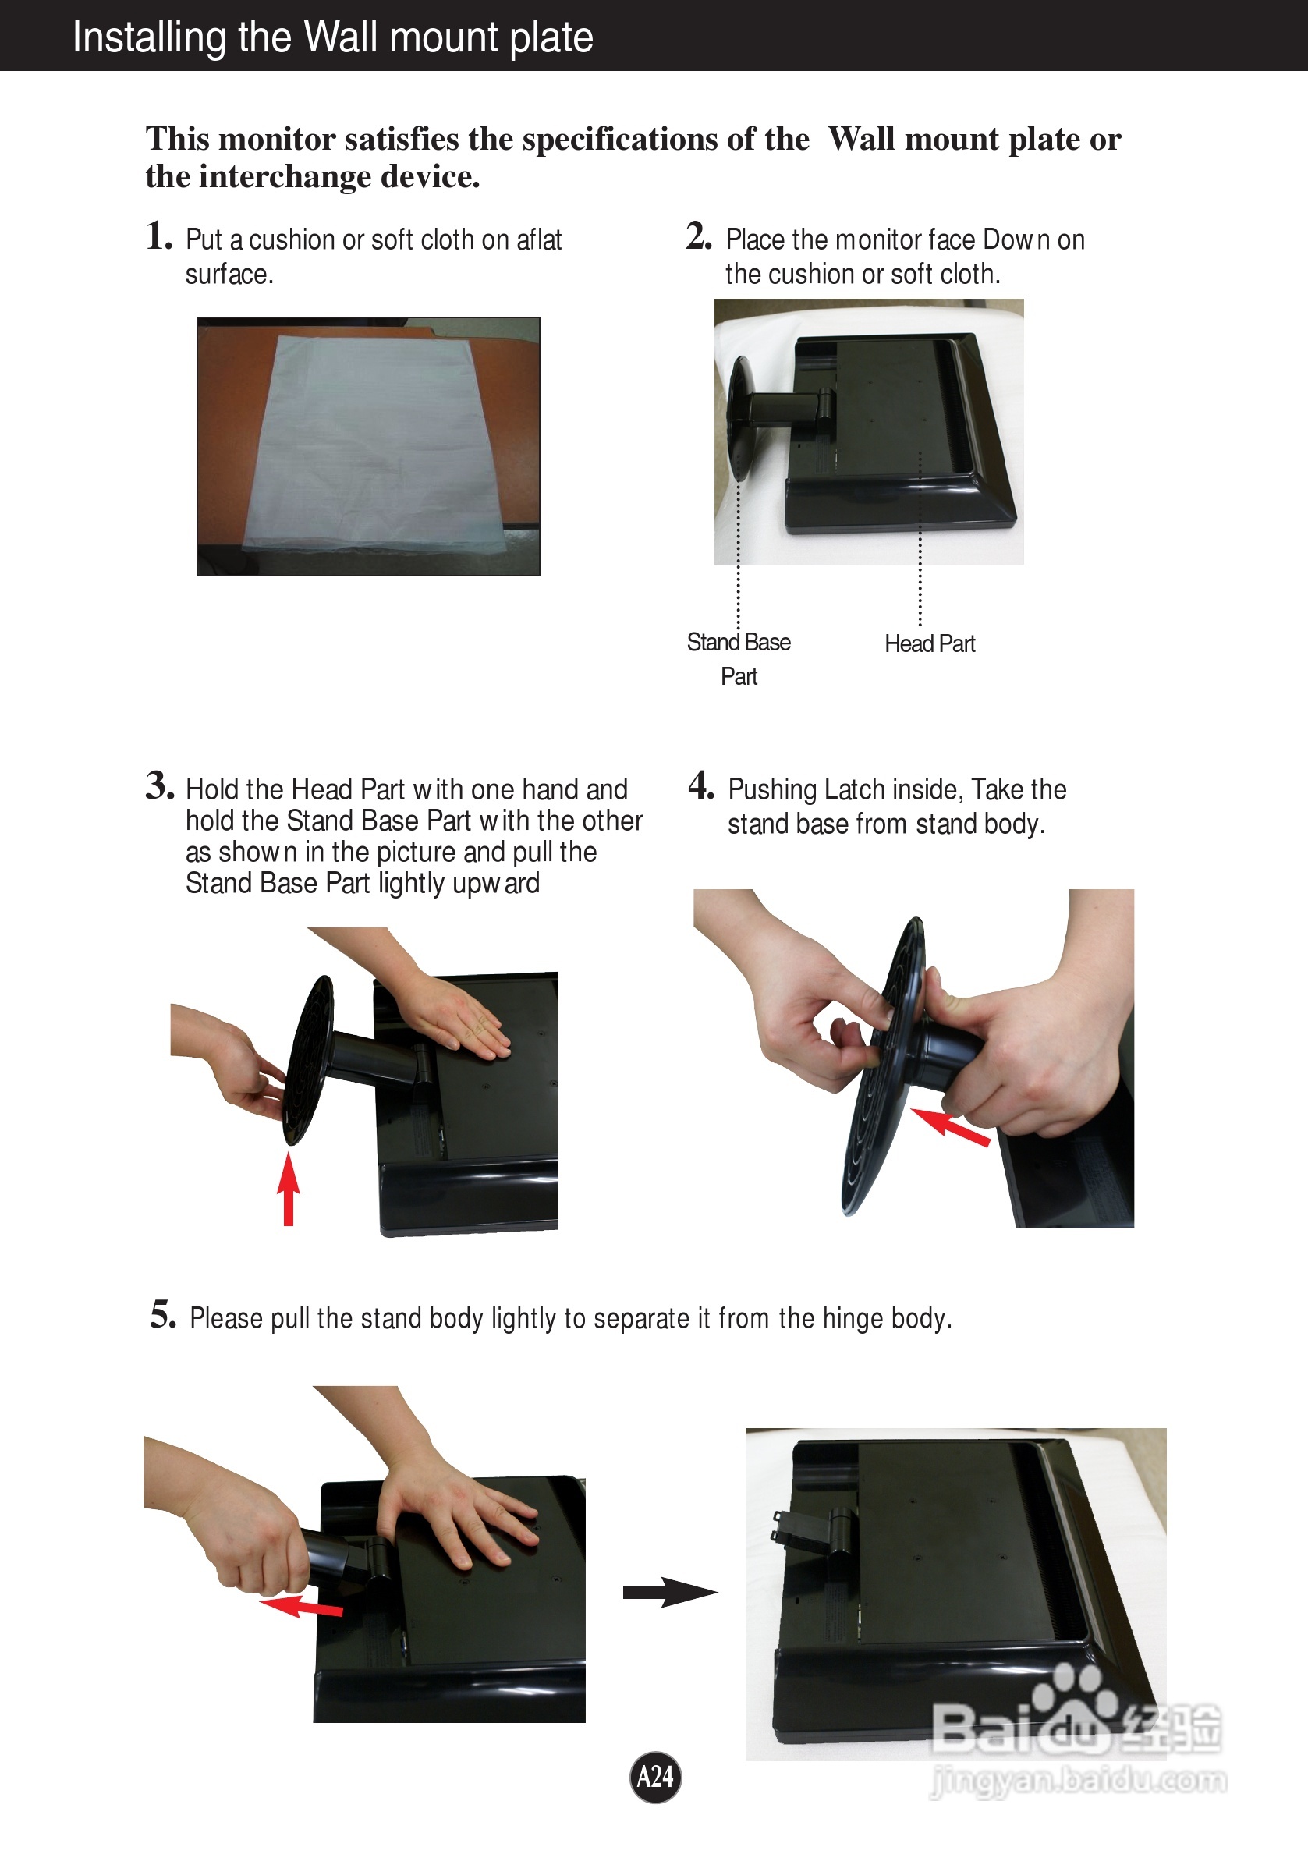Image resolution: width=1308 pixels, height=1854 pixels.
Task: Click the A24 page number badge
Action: pos(655,1777)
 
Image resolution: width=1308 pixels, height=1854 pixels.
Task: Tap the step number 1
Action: pos(159,236)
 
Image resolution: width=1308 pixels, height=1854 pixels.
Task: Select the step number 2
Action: pos(699,236)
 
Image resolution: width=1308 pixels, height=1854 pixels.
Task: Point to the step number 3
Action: pos(160,785)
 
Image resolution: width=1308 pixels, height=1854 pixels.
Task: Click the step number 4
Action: pos(701,785)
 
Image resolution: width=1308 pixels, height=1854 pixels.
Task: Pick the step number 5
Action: pos(163,1313)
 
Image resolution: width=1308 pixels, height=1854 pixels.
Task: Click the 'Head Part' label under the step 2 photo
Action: pos(930,643)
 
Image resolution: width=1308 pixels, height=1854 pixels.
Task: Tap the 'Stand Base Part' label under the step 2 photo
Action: pos(739,659)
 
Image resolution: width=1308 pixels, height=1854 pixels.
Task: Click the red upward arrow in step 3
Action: pos(289,1189)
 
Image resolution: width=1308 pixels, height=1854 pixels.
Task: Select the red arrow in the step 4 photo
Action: pos(949,1126)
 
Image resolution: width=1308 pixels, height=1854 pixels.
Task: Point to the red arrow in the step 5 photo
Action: pos(300,1606)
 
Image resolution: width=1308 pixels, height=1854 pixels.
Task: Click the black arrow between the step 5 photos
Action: pos(670,1593)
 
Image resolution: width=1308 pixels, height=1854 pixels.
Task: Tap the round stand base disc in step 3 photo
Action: pos(310,1059)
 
